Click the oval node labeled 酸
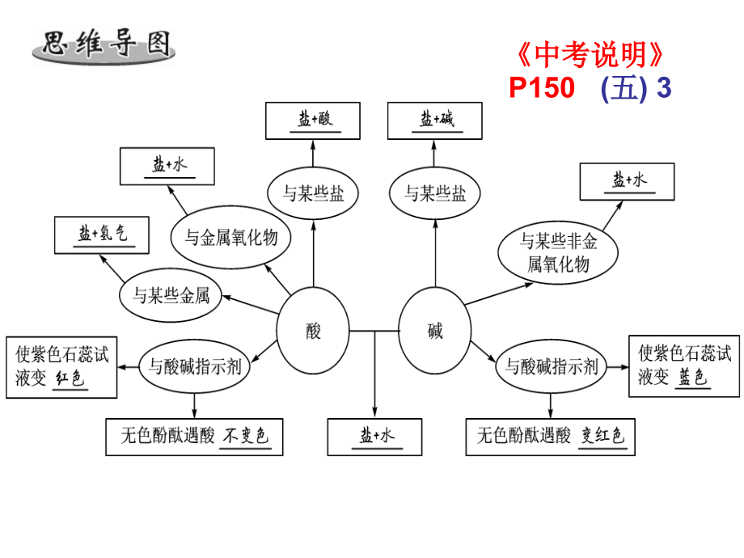pyautogui.click(x=313, y=331)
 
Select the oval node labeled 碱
pyautogui.click(x=434, y=331)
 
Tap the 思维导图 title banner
pyautogui.click(x=104, y=45)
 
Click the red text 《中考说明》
pyautogui.click(x=590, y=54)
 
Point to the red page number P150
pyautogui.click(x=542, y=88)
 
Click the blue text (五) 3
pyautogui.click(x=636, y=88)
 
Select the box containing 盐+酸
pyautogui.click(x=313, y=120)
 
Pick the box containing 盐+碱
pyautogui.click(x=434, y=120)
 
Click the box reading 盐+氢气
pyautogui.click(x=102, y=235)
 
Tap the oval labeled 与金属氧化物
pyautogui.click(x=230, y=237)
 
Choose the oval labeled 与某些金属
pyautogui.click(x=171, y=295)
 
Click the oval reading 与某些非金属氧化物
pyautogui.click(x=558, y=252)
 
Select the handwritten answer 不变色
pyautogui.click(x=247, y=435)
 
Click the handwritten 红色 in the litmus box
pyautogui.click(x=70, y=378)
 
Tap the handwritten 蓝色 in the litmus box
pyautogui.click(x=693, y=377)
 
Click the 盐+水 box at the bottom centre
pyautogui.click(x=375, y=437)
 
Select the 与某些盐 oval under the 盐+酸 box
pyautogui.click(x=313, y=193)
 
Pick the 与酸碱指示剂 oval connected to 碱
pyautogui.click(x=551, y=366)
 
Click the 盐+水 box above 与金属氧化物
pyautogui.click(x=167, y=166)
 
